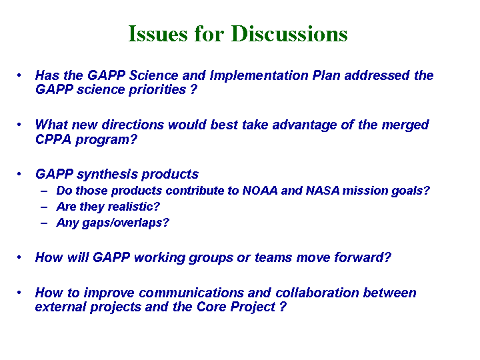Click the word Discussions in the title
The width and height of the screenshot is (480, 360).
[x=289, y=33]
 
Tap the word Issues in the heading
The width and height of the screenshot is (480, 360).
[x=157, y=33]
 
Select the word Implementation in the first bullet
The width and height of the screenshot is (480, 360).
[x=259, y=75]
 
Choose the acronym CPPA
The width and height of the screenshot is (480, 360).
[x=53, y=139]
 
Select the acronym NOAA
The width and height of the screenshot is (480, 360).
[x=260, y=191]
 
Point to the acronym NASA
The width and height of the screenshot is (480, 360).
[x=323, y=191]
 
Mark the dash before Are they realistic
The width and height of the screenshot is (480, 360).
[x=44, y=207]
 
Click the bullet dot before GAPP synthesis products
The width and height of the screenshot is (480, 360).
[x=19, y=174]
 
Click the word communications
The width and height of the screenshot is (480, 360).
[x=191, y=293]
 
